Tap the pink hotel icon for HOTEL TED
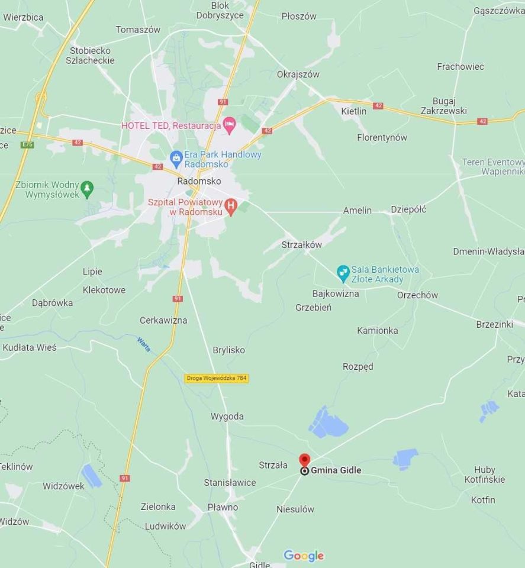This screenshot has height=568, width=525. [x=229, y=125]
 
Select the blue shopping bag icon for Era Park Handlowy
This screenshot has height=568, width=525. [x=176, y=158]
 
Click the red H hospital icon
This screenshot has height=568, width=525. [x=231, y=207]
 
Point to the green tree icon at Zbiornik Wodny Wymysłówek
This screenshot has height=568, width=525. [x=87, y=188]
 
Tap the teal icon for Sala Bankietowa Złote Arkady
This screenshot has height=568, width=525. [x=343, y=273]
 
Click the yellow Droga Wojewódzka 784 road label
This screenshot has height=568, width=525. [x=216, y=377]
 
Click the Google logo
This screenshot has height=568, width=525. [x=304, y=556]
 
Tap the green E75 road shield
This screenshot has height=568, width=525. [x=27, y=144]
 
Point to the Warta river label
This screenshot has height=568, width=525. [x=144, y=344]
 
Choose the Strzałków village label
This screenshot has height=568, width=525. [x=301, y=244]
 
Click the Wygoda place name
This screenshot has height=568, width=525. [x=227, y=417]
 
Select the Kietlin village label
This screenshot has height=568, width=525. [x=354, y=111]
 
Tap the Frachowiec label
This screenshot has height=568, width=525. [x=460, y=67]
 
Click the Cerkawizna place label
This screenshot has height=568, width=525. [x=163, y=320]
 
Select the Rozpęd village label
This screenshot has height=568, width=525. [x=358, y=366]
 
